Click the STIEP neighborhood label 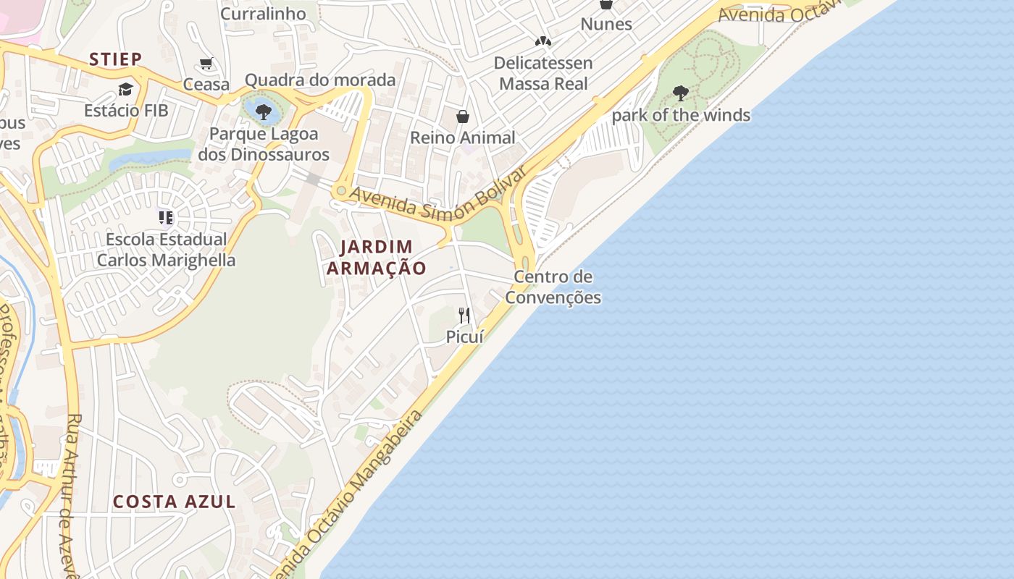pyautogui.click(x=115, y=59)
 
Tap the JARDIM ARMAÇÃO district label pyautogui.click(x=376, y=258)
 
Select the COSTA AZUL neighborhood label pyautogui.click(x=174, y=502)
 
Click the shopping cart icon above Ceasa pyautogui.click(x=206, y=64)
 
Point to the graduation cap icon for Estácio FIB pyautogui.click(x=126, y=89)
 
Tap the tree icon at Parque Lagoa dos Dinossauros pyautogui.click(x=264, y=111)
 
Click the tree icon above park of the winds pyautogui.click(x=680, y=93)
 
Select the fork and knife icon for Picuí pyautogui.click(x=464, y=315)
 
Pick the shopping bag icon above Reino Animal pyautogui.click(x=462, y=117)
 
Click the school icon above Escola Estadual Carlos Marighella pyautogui.click(x=166, y=217)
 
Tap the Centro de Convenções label pyautogui.click(x=553, y=287)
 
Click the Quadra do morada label pyautogui.click(x=320, y=80)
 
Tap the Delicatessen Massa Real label pyautogui.click(x=543, y=73)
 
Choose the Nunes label pyautogui.click(x=606, y=24)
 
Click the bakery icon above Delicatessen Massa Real pyautogui.click(x=543, y=41)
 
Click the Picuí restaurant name pyautogui.click(x=464, y=337)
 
